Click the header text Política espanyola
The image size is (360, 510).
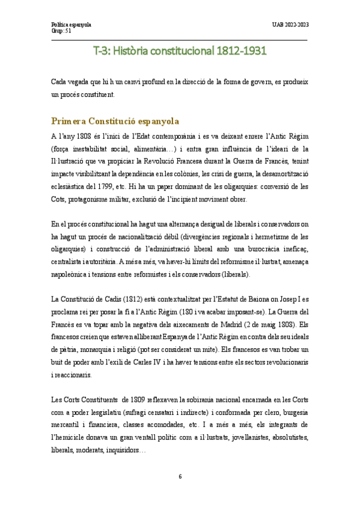[71, 24]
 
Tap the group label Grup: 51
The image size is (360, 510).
[61, 30]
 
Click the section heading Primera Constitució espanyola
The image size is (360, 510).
[115, 120]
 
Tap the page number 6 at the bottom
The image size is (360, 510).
[180, 477]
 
